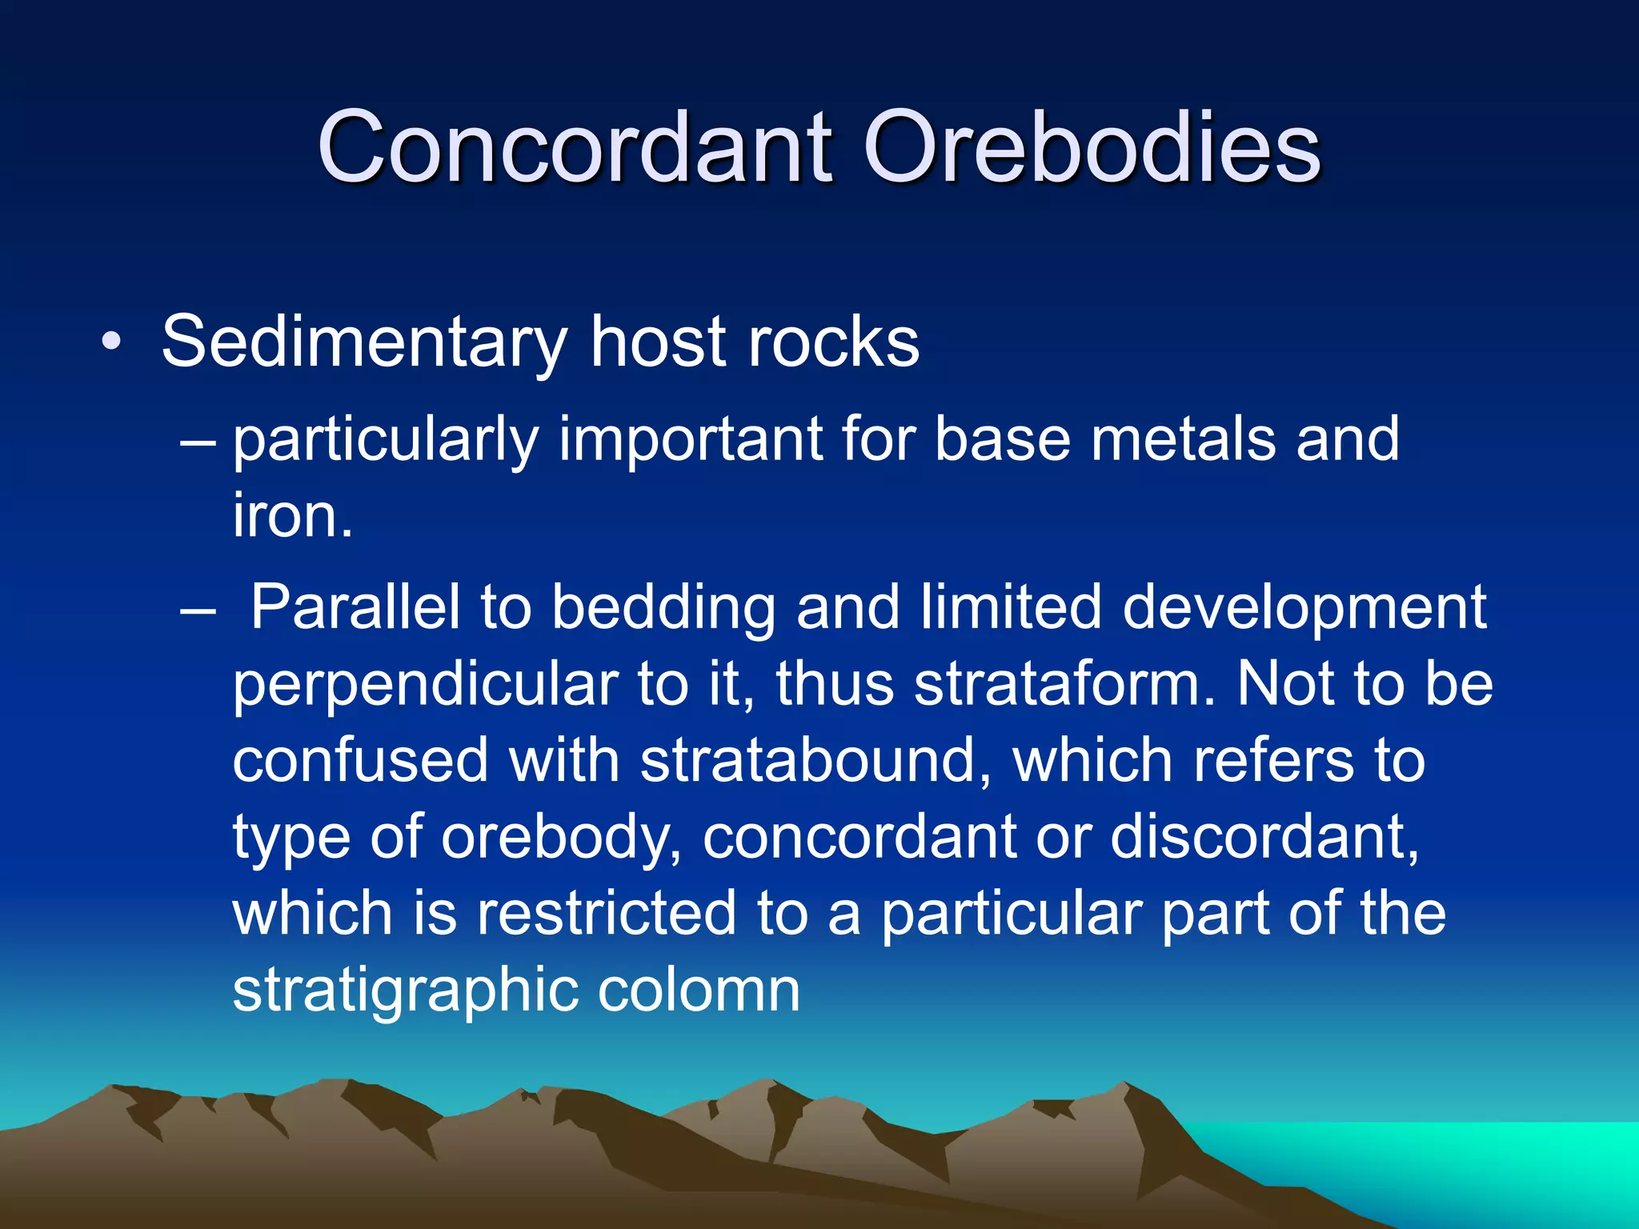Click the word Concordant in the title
pos(575,147)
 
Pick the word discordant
pos(1264,837)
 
